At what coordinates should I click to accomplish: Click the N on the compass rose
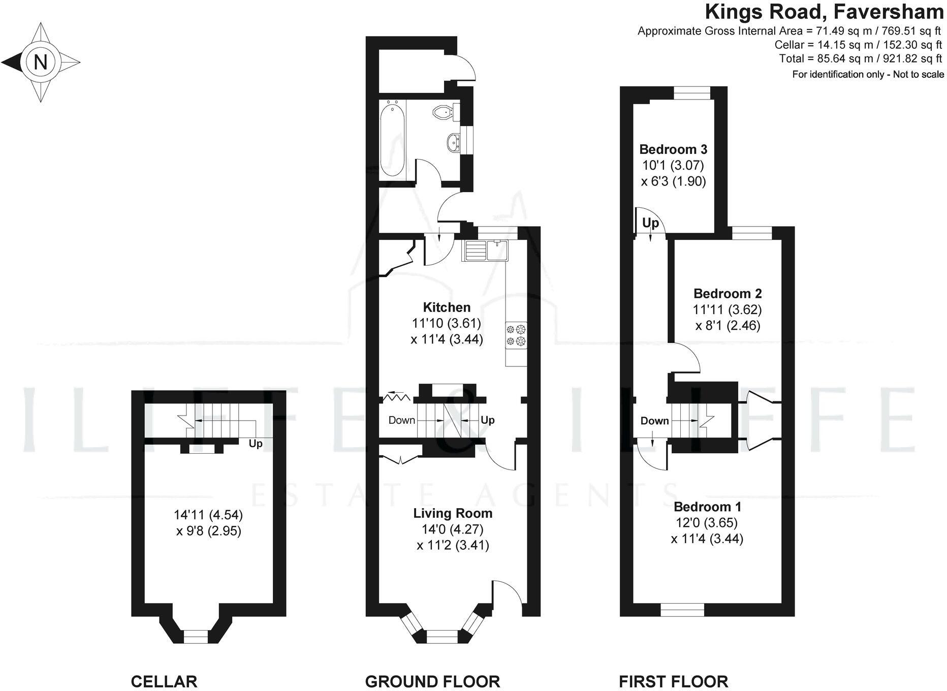[40, 62]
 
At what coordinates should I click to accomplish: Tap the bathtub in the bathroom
[392, 138]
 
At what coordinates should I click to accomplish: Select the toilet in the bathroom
[444, 111]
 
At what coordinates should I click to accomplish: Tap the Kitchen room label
[447, 307]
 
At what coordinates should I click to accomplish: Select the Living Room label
[453, 513]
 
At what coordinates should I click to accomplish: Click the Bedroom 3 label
[673, 149]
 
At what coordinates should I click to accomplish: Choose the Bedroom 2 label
[728, 293]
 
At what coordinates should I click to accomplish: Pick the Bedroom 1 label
[707, 507]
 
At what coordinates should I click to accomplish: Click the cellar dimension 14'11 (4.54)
[208, 515]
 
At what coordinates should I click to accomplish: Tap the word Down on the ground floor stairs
[401, 420]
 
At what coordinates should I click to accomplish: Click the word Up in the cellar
[256, 444]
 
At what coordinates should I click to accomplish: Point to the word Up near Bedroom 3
[650, 223]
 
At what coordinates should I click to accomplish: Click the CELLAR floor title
[164, 681]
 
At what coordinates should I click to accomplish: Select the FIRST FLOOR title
[673, 681]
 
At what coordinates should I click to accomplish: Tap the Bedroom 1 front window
[682, 610]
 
